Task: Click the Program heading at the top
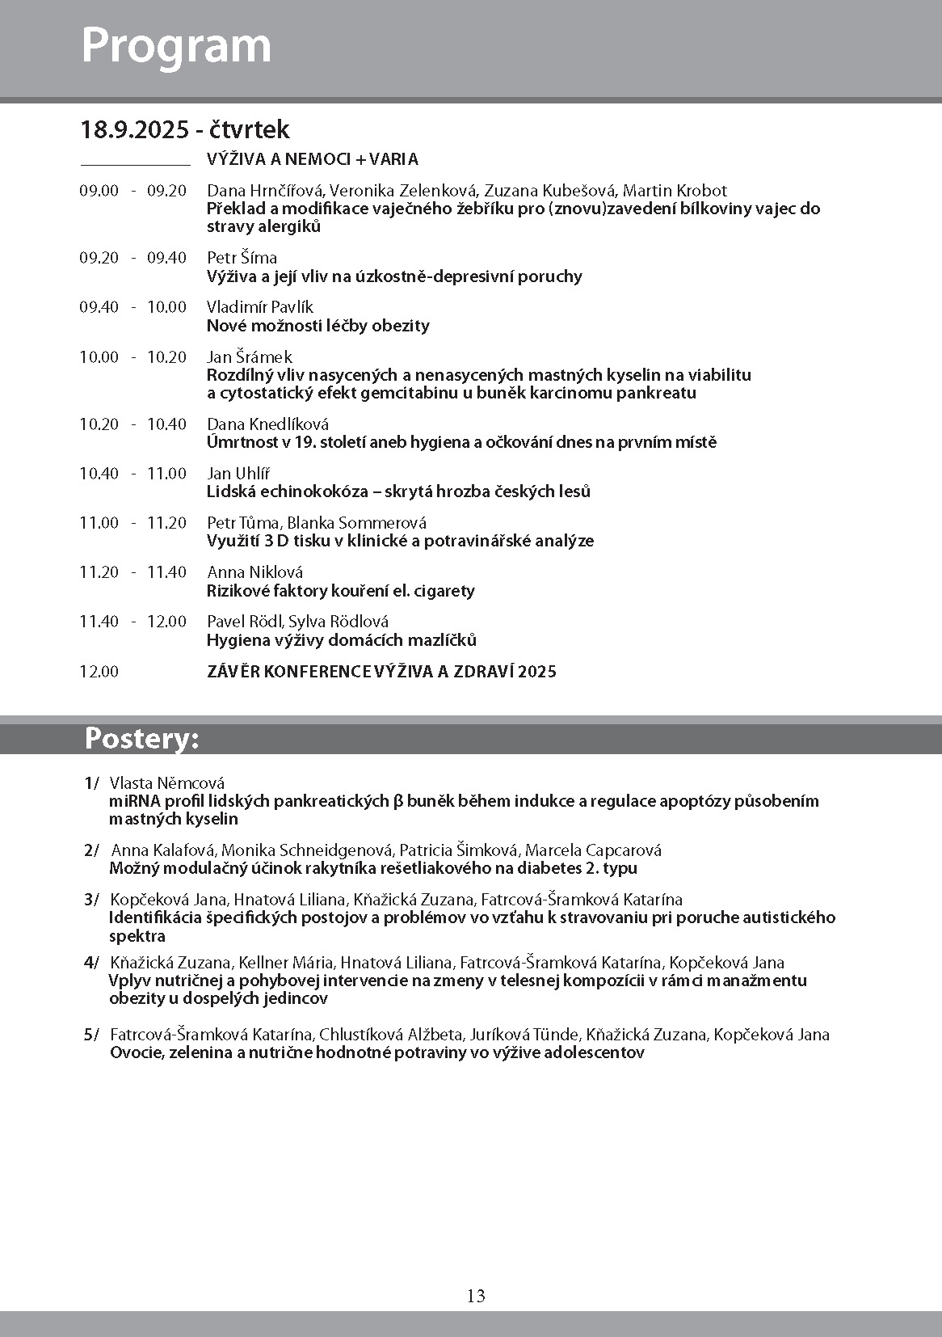(176, 46)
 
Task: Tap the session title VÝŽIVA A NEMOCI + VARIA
(313, 159)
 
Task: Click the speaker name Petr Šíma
(242, 258)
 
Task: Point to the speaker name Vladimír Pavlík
(259, 307)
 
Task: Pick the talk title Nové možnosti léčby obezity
(318, 326)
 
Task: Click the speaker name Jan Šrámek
(249, 356)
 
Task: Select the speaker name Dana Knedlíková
(267, 424)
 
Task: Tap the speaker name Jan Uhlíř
(238, 473)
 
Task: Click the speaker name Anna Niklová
(254, 571)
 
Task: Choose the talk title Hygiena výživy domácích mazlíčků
(341, 640)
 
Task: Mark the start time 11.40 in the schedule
(99, 621)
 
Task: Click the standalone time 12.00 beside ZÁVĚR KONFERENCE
(99, 671)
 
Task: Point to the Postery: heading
(141, 739)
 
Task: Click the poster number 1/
(90, 782)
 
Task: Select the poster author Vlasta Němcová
(166, 782)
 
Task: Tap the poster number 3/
(90, 899)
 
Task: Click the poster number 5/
(90, 1035)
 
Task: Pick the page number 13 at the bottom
(476, 1296)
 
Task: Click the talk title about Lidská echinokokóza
(398, 491)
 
